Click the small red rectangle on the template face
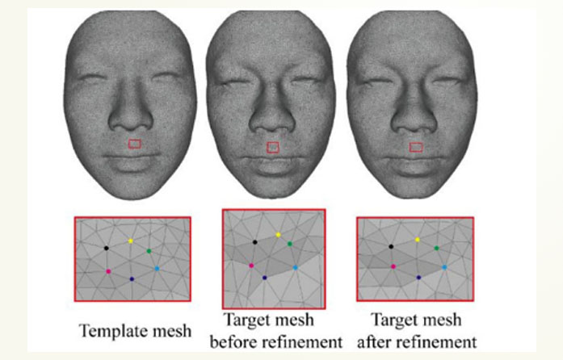135,144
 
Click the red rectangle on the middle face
274,147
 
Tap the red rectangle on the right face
416,147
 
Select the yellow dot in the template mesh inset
131,241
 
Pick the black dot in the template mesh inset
107,249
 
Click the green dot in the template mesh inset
149,252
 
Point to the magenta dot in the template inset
108,271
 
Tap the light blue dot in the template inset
157,267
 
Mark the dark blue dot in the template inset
132,278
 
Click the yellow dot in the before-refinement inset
278,235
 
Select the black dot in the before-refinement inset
255,241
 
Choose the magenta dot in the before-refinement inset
252,265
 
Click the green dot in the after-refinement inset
437,248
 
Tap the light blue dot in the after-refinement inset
443,266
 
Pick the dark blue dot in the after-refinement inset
418,277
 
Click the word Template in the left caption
111,330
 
